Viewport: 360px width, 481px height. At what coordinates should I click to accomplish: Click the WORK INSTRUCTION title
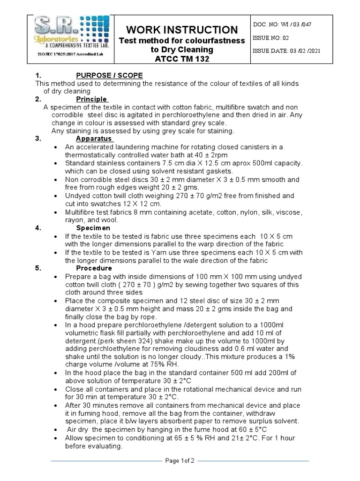182,30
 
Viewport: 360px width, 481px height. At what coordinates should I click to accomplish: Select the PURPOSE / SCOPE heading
109,76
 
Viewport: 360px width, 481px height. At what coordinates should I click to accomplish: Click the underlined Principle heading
92,99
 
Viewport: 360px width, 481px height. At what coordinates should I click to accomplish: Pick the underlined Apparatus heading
94,139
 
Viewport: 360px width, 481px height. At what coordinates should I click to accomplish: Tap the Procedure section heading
94,268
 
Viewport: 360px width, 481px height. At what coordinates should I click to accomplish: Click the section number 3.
38,139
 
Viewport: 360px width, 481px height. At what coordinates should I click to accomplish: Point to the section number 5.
38,268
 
